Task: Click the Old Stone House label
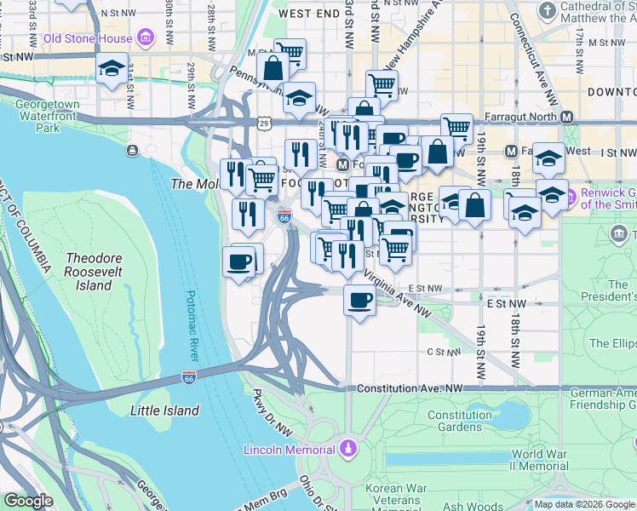click(88, 37)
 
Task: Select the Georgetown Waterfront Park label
click(48, 116)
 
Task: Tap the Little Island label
click(164, 411)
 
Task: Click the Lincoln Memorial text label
click(289, 449)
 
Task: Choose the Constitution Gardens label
click(460, 422)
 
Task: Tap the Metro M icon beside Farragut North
click(565, 117)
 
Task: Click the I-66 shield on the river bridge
click(189, 376)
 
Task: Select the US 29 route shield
click(267, 124)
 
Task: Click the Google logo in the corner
click(28, 501)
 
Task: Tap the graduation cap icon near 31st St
click(111, 70)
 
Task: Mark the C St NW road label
click(443, 351)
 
